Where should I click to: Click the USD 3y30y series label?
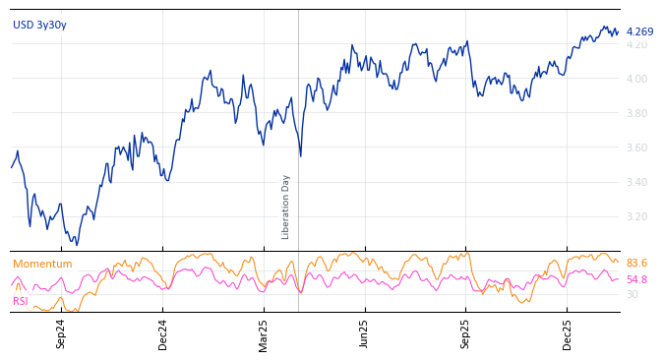pos(39,25)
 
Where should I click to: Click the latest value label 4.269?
pos(639,31)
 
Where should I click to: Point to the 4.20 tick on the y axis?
pos(636,45)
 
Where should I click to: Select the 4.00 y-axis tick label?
pos(636,80)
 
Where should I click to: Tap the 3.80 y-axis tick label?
pos(636,114)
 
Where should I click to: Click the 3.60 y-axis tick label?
pos(636,149)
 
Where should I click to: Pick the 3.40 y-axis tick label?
pos(636,183)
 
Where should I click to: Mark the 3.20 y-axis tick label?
pos(636,217)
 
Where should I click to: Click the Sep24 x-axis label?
pos(61,333)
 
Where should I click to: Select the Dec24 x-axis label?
pos(163,333)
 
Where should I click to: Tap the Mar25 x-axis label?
pos(264,333)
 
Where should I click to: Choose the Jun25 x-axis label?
pos(364,333)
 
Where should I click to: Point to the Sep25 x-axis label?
pos(465,333)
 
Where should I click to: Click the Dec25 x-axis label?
pos(568,333)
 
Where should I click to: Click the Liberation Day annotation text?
pos(286,207)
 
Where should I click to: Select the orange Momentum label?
pos(42,264)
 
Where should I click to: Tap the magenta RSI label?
pos(21,301)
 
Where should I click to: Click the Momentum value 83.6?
pos(636,264)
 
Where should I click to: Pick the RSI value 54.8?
pos(636,280)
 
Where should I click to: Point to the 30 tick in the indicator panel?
pos(632,294)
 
